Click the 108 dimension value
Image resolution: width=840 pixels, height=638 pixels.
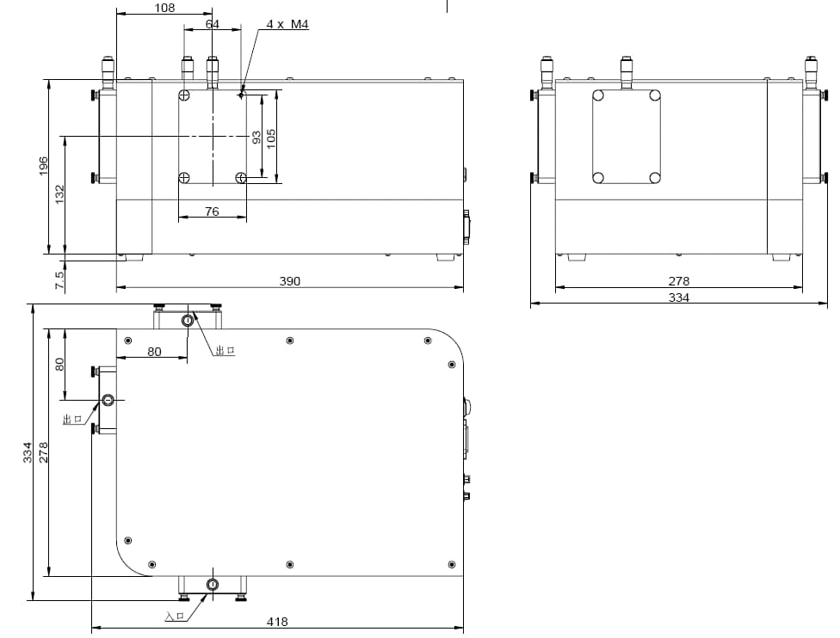(164, 8)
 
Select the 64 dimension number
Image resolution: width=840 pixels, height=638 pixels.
(213, 24)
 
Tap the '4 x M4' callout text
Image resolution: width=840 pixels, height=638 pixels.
(287, 24)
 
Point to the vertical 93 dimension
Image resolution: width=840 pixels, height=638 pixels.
(256, 137)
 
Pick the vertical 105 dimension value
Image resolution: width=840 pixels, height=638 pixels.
(271, 137)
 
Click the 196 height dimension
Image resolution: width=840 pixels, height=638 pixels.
(44, 166)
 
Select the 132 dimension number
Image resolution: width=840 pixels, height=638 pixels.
(59, 194)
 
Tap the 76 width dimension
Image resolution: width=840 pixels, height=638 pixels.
(212, 212)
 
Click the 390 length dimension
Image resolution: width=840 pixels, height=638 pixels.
(290, 281)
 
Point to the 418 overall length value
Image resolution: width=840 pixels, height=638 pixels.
(277, 622)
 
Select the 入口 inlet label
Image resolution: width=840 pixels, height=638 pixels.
(174, 616)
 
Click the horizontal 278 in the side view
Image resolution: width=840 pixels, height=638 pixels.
(679, 281)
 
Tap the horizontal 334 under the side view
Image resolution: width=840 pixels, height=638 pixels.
(679, 298)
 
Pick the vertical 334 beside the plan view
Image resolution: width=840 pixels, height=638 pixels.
(27, 452)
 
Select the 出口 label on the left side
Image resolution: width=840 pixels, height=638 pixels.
(71, 419)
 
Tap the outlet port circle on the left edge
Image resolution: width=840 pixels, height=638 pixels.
(108, 400)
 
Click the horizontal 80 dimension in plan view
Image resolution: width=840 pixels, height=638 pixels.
(155, 351)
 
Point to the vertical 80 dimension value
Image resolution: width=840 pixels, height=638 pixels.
(59, 364)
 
